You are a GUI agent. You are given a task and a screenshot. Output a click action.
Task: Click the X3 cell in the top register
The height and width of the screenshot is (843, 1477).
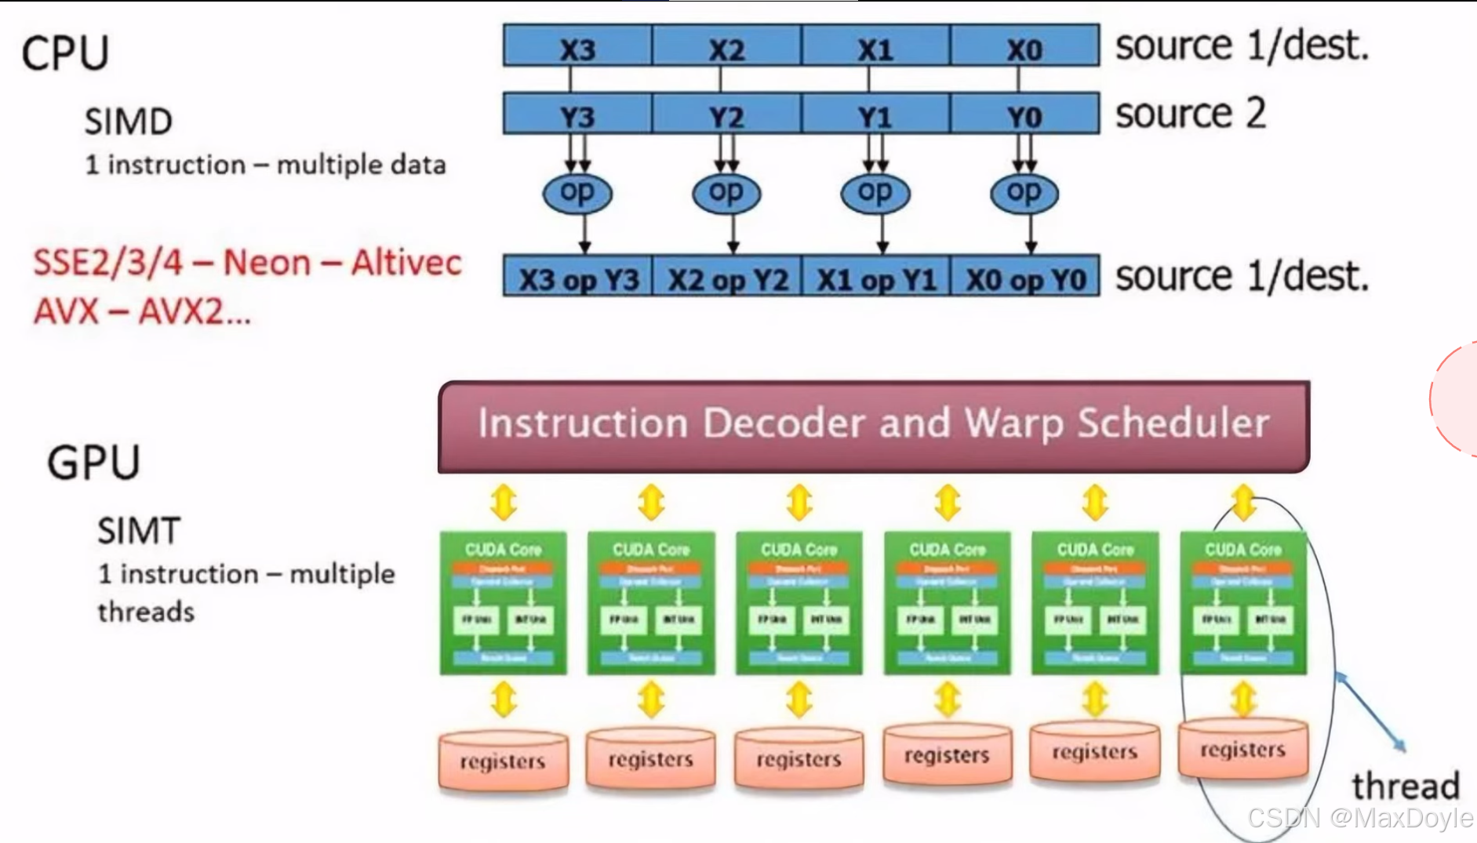[x=577, y=46]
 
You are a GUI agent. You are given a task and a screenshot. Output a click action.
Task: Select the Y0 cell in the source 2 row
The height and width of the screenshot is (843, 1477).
[x=1024, y=114]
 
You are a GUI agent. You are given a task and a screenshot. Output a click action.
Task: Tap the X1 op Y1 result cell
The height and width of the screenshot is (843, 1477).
[x=876, y=277]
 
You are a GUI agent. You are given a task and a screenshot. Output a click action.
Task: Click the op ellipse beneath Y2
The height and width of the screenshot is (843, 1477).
[x=726, y=193]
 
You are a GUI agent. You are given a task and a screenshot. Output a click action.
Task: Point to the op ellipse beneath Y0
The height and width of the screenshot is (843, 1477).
[x=1024, y=193]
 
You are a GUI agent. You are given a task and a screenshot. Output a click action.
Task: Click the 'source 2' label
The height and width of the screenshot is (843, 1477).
[x=1190, y=114]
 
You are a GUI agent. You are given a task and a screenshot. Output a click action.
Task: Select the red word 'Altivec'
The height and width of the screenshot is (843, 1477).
[x=406, y=263]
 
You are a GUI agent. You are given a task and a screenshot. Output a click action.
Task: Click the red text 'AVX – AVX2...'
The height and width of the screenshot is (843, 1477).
[x=142, y=312]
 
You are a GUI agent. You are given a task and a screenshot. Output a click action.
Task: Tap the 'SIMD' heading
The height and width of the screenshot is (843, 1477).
[x=129, y=122]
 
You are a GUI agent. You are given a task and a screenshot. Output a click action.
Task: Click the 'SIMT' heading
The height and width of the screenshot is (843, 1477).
[x=139, y=531]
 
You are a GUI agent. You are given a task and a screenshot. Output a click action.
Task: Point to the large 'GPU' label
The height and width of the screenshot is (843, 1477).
[x=93, y=462]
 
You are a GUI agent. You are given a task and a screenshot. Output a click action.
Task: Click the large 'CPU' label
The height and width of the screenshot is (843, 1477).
[x=65, y=53]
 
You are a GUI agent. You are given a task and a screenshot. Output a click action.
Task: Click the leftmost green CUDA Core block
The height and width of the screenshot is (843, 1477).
[x=503, y=602]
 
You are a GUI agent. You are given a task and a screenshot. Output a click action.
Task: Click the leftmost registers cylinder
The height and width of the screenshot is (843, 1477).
[x=503, y=761]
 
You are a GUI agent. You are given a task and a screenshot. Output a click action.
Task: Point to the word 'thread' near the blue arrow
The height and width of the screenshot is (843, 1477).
[x=1405, y=786]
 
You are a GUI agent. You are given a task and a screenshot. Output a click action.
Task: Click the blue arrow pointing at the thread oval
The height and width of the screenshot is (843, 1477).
[x=1370, y=710]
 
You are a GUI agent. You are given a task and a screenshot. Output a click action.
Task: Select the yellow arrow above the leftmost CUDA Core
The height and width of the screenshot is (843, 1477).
[x=504, y=502]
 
